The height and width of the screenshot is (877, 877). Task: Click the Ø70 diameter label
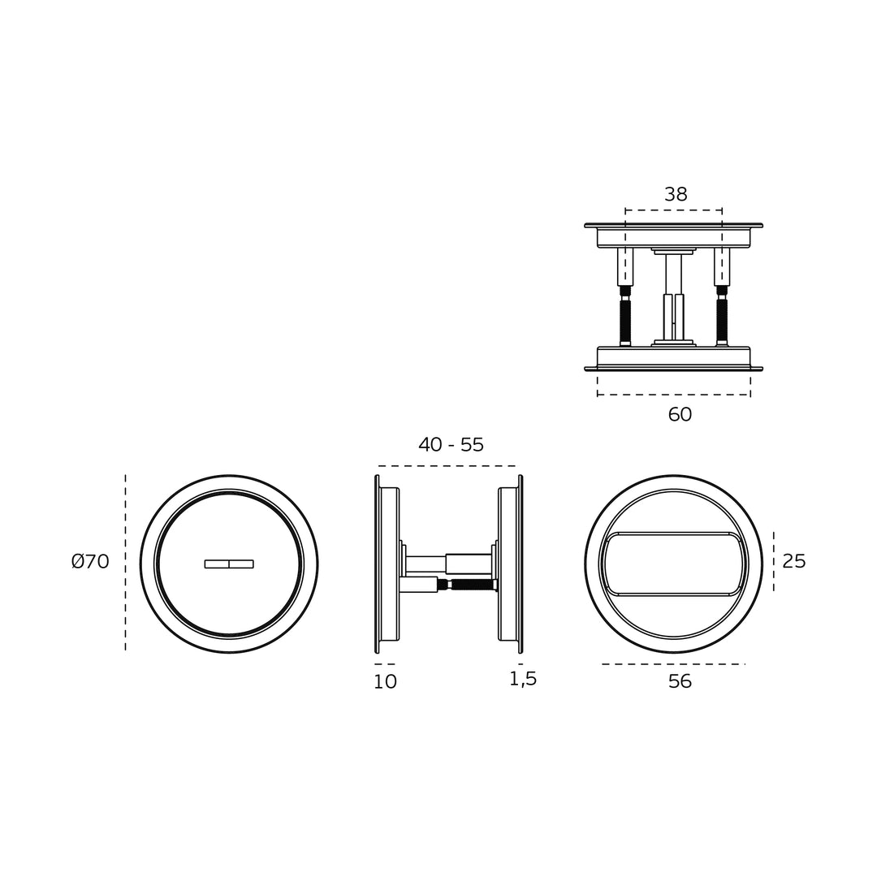pyautogui.click(x=90, y=561)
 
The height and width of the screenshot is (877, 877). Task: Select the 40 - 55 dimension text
pyautogui.click(x=451, y=445)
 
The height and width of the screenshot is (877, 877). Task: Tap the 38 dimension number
pyautogui.click(x=676, y=194)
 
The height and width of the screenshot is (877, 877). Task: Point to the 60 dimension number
pyautogui.click(x=680, y=414)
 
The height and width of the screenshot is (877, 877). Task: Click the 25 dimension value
pyautogui.click(x=793, y=561)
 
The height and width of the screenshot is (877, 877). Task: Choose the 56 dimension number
pyautogui.click(x=680, y=681)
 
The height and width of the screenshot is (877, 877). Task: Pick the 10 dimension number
pyautogui.click(x=386, y=681)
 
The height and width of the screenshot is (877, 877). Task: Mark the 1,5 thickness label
pyautogui.click(x=523, y=679)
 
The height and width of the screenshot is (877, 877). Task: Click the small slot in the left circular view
pyautogui.click(x=229, y=564)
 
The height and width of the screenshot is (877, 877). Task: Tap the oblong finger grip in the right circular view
pyautogui.click(x=673, y=564)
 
